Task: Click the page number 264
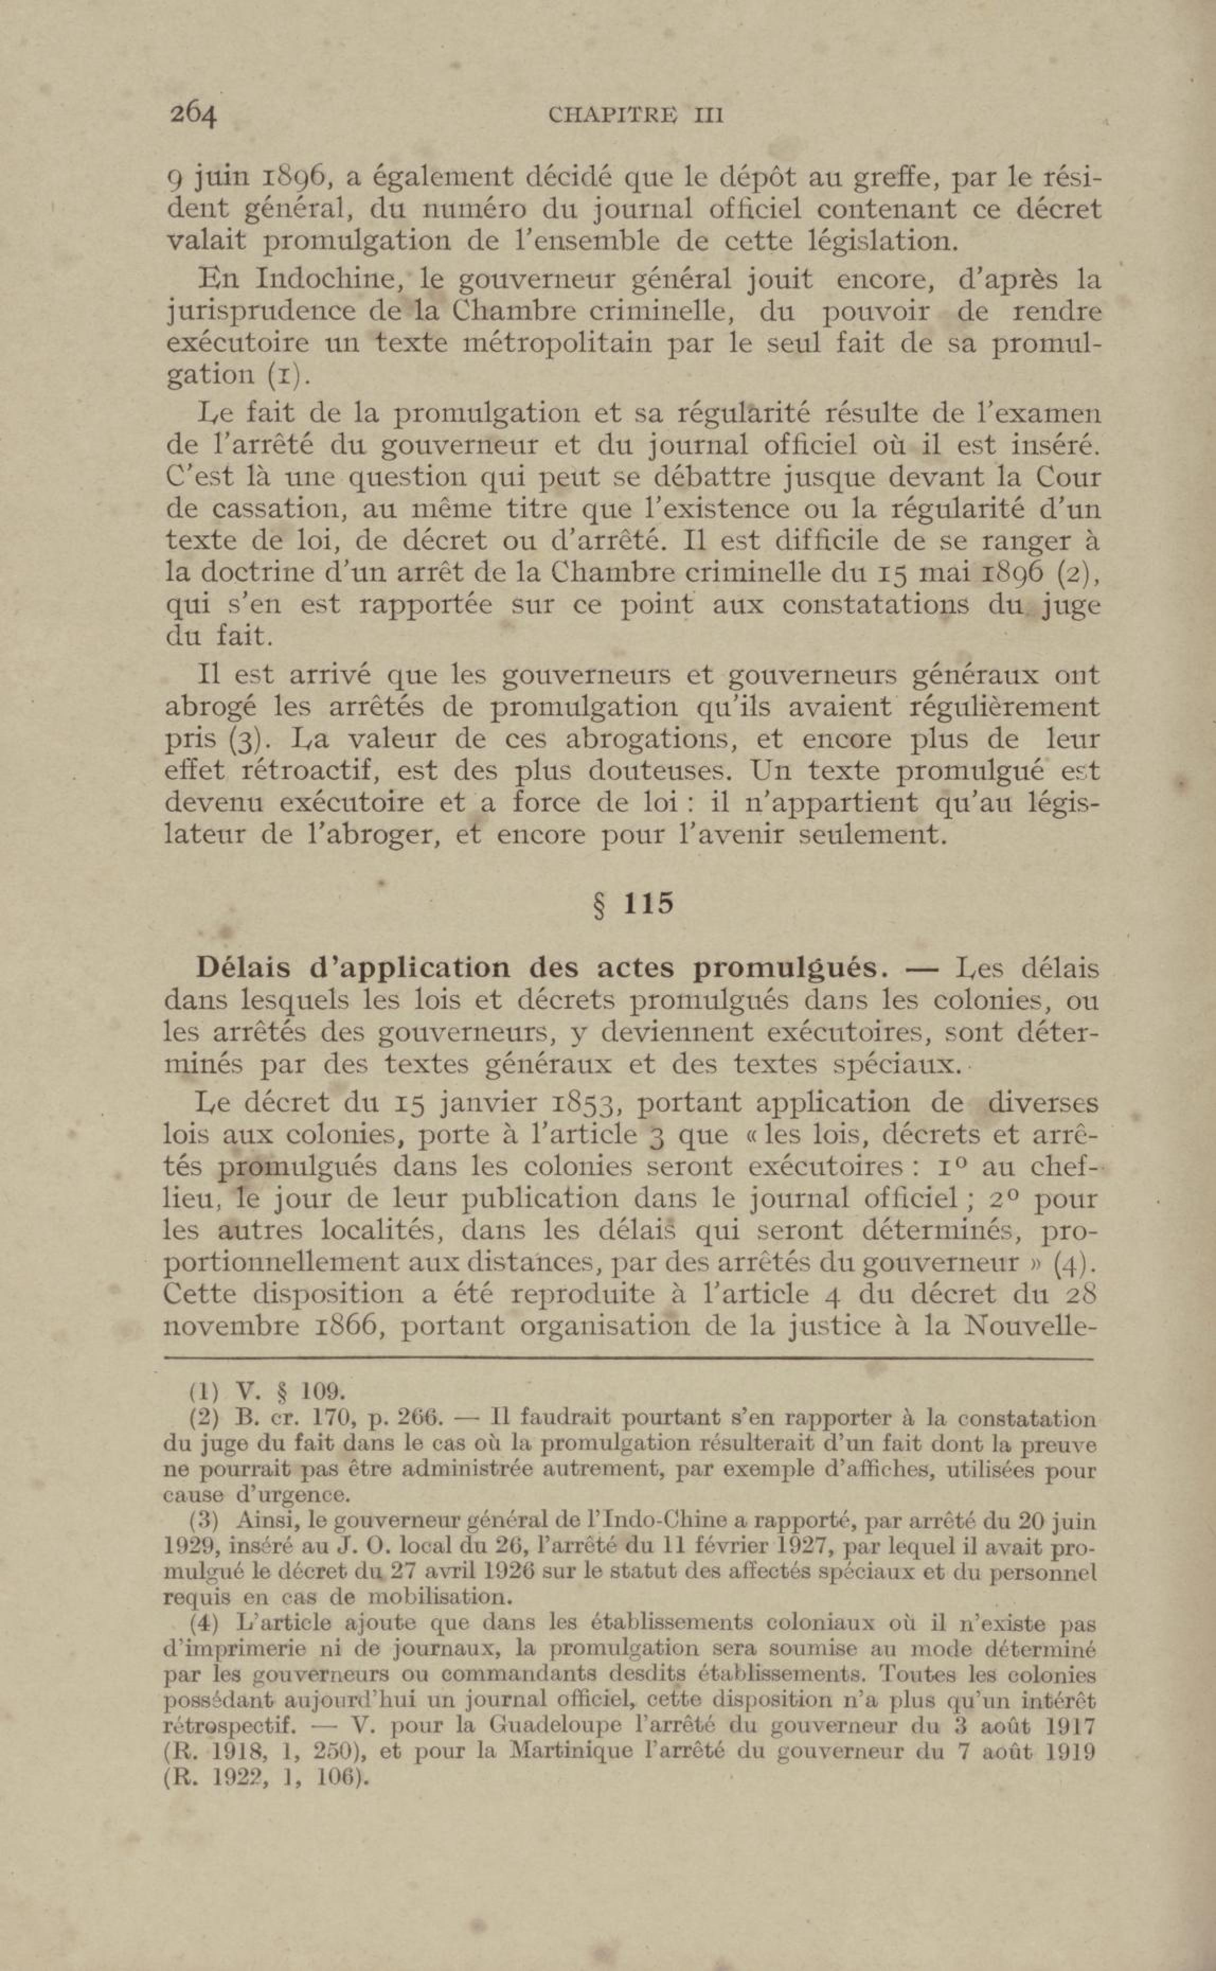click(x=193, y=115)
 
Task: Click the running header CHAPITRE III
click(x=636, y=115)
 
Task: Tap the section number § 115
click(x=632, y=904)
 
